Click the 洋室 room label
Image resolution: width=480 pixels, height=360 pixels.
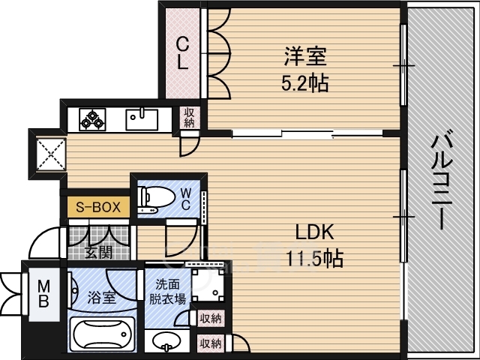click(305, 56)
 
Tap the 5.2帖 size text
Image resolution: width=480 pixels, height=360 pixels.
click(305, 82)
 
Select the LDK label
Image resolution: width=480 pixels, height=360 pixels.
click(314, 232)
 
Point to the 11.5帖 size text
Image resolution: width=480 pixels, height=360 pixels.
click(315, 259)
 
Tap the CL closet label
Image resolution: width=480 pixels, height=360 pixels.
click(182, 53)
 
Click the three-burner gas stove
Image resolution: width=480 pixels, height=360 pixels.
click(92, 119)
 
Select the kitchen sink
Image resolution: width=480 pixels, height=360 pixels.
click(142, 120)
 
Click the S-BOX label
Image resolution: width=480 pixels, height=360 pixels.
click(98, 207)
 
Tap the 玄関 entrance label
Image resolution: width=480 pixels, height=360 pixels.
click(98, 253)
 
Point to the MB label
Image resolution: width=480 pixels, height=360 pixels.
click(43, 294)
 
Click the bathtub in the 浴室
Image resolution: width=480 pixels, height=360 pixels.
click(102, 335)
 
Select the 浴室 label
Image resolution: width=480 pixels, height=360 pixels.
click(102, 298)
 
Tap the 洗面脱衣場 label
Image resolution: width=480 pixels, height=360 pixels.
click(167, 292)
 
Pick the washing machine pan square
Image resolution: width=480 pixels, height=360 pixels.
click(208, 285)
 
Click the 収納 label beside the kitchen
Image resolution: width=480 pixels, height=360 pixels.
click(189, 118)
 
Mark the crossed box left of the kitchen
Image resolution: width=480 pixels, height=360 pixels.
click(51, 154)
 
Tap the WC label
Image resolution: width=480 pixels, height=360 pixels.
click(186, 199)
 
